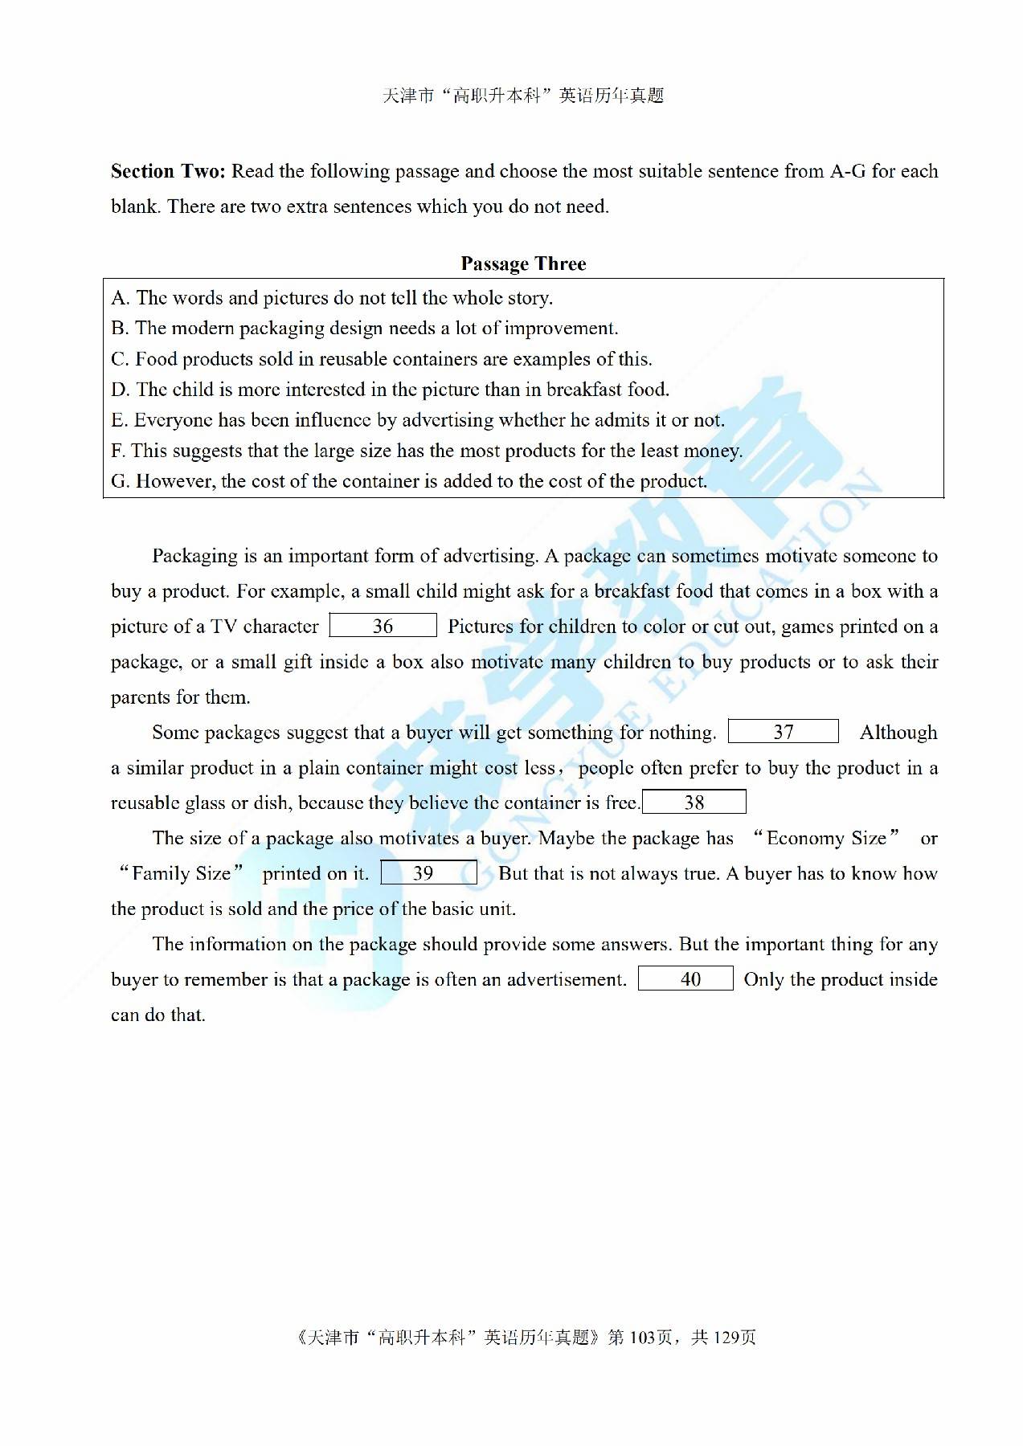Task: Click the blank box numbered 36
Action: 383,626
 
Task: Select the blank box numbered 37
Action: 783,732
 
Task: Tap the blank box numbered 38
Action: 694,803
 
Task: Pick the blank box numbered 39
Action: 428,873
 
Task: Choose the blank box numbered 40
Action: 685,979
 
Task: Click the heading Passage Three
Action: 523,263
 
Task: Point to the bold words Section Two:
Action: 168,171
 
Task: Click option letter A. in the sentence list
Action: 120,298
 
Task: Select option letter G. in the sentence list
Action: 120,481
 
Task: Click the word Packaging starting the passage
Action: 194,556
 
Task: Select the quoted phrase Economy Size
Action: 826,839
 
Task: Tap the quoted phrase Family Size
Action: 182,874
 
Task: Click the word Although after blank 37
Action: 898,733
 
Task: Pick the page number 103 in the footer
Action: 643,1337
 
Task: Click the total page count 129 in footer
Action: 726,1337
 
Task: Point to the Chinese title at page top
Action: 523,96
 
